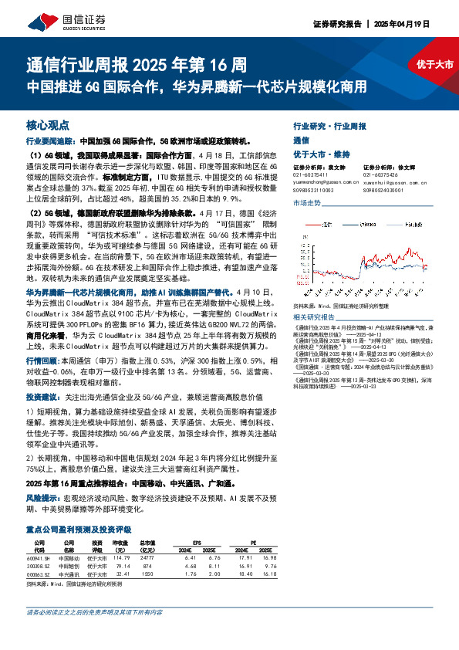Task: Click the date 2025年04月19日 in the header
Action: pyautogui.click(x=417, y=24)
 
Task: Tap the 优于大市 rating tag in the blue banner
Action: pyautogui.click(x=434, y=65)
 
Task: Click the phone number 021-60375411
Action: pyautogui.click(x=309, y=174)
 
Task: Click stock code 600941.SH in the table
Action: pyautogui.click(x=37, y=556)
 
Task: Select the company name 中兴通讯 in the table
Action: pyautogui.click(x=69, y=574)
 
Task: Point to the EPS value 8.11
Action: pyautogui.click(x=215, y=565)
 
